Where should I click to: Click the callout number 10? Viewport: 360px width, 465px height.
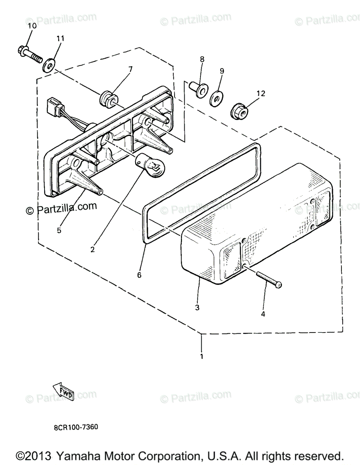(32, 26)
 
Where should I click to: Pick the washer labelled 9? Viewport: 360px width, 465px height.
(216, 98)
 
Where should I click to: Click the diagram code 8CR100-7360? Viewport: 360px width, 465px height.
(76, 427)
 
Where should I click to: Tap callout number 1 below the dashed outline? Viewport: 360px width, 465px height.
(201, 355)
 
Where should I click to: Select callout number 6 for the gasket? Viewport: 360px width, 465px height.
(139, 275)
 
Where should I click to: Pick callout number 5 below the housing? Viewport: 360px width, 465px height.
(59, 230)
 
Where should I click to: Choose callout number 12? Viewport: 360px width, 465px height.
(261, 93)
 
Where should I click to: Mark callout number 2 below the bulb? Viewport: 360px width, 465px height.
(92, 250)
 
